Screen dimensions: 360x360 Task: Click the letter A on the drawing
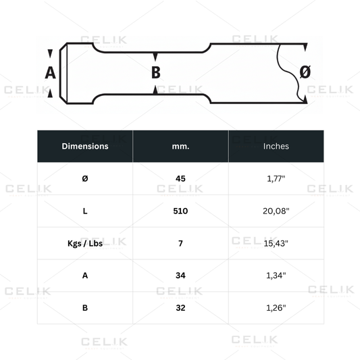pos(50,72)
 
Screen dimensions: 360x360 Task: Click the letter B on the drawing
pos(155,72)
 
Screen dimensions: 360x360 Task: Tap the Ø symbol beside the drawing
pos(305,72)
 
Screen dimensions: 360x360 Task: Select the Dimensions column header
pos(84,146)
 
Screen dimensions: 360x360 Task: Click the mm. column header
pos(180,146)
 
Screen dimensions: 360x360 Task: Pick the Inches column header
pos(276,146)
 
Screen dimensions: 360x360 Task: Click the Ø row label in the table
pos(84,178)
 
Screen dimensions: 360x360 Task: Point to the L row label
pos(84,211)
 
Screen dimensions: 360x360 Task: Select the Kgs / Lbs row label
pos(84,243)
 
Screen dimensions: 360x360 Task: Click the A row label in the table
pos(84,276)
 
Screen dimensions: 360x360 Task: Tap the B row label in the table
pos(84,308)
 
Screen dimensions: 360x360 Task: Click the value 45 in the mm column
pos(180,178)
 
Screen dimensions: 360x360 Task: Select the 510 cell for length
pos(180,211)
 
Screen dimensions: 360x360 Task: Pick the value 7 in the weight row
pos(180,243)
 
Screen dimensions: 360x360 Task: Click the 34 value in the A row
pos(180,276)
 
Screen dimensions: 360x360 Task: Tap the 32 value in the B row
pos(180,308)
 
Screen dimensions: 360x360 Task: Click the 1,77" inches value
pos(276,178)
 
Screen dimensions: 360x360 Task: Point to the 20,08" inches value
pos(276,211)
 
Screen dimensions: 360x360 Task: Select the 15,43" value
pos(276,243)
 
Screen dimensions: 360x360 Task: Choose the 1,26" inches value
pos(276,308)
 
